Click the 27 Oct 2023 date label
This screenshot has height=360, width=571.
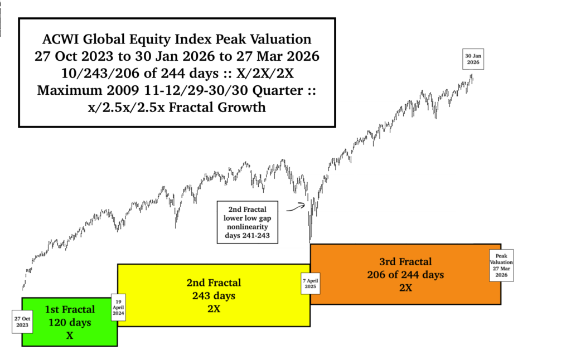[22, 322]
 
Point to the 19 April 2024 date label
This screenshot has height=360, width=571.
[119, 307]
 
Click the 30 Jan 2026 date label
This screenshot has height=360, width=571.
[473, 59]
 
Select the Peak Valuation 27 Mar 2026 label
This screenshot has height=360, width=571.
[501, 265]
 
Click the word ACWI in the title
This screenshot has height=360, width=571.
[60, 40]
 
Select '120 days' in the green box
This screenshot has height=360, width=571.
[69, 322]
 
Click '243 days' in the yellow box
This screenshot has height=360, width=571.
[214, 295]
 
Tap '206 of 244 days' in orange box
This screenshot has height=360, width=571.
[405, 274]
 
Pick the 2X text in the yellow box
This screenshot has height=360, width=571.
[214, 308]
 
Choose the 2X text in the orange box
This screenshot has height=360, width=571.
[405, 288]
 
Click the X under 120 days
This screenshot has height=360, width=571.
[69, 335]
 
